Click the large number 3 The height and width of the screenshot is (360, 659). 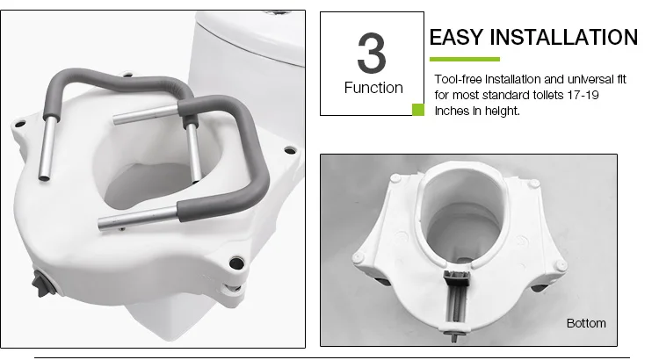(372, 53)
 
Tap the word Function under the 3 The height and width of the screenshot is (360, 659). (373, 88)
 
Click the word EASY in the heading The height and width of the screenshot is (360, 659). (456, 37)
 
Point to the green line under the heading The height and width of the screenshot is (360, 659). (465, 59)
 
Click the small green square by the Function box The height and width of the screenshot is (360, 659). (417, 110)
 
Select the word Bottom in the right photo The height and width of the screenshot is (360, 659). (586, 323)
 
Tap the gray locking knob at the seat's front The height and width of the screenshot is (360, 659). (42, 284)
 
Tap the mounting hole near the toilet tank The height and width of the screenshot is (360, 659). (290, 150)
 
